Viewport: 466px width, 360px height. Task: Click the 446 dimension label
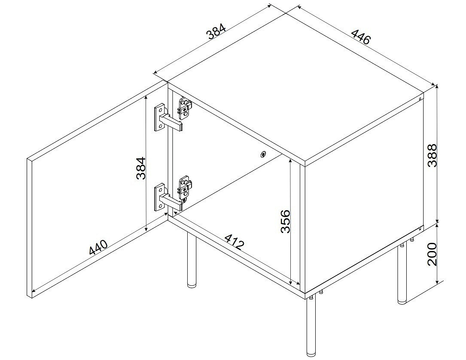(x=361, y=37)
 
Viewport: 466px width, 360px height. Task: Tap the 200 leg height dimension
(x=432, y=254)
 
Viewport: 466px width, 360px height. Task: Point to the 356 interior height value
(x=285, y=221)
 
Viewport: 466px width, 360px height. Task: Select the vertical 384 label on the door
(x=140, y=168)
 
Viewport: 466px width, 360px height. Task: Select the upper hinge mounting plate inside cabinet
(x=185, y=109)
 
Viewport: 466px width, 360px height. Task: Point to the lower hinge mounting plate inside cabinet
(x=186, y=188)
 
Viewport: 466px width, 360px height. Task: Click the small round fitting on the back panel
(x=263, y=154)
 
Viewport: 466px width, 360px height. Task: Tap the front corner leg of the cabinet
(x=311, y=326)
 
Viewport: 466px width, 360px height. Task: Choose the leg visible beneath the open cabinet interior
(x=192, y=260)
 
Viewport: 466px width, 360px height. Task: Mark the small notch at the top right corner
(x=420, y=98)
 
